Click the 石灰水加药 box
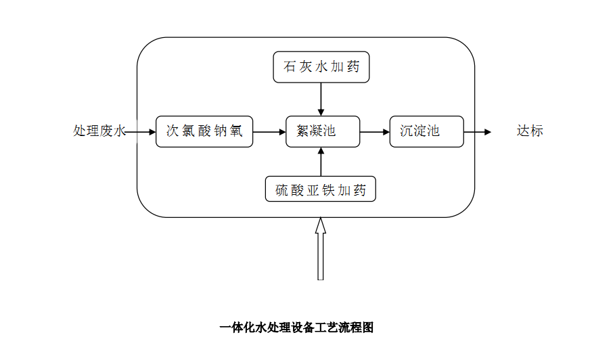tap(321, 67)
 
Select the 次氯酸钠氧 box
tap(204, 131)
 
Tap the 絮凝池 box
tap(321, 131)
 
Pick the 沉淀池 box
tap(426, 131)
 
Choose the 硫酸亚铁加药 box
tap(321, 190)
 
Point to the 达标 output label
tap(530, 131)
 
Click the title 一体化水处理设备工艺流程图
tap(296, 328)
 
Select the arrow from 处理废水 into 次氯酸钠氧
tap(141, 132)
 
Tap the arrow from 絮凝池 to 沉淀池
tap(375, 132)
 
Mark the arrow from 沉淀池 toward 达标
tap(478, 132)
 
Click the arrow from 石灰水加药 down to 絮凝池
tap(321, 99)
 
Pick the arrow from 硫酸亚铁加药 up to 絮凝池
tap(321, 162)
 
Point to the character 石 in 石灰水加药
tap(290, 67)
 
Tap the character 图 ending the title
tap(368, 328)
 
